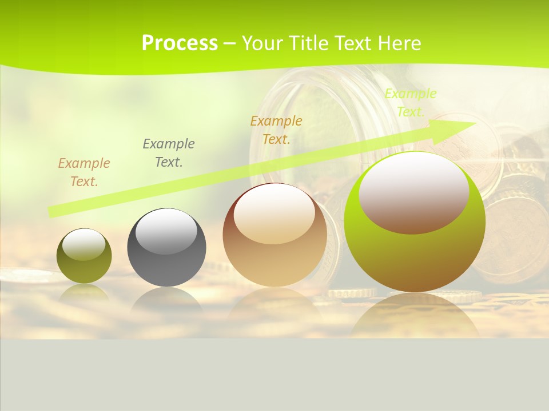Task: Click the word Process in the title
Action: [x=180, y=43]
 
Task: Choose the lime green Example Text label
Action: [x=410, y=103]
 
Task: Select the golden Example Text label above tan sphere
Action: [x=276, y=130]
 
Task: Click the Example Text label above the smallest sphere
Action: [x=84, y=172]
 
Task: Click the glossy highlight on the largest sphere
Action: [x=413, y=192]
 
